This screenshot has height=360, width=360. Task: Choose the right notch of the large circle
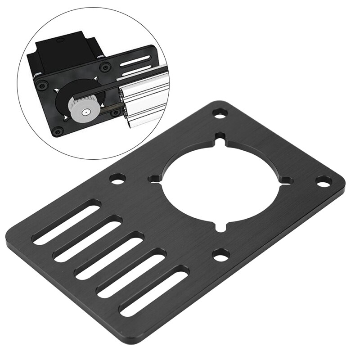click(287, 180)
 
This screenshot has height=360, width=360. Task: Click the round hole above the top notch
click(220, 113)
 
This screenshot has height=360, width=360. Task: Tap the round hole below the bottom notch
click(220, 255)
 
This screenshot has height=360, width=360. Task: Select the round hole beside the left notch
click(117, 180)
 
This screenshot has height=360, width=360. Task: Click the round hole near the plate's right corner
click(323, 181)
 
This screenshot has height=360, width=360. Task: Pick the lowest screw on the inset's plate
click(57, 131)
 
